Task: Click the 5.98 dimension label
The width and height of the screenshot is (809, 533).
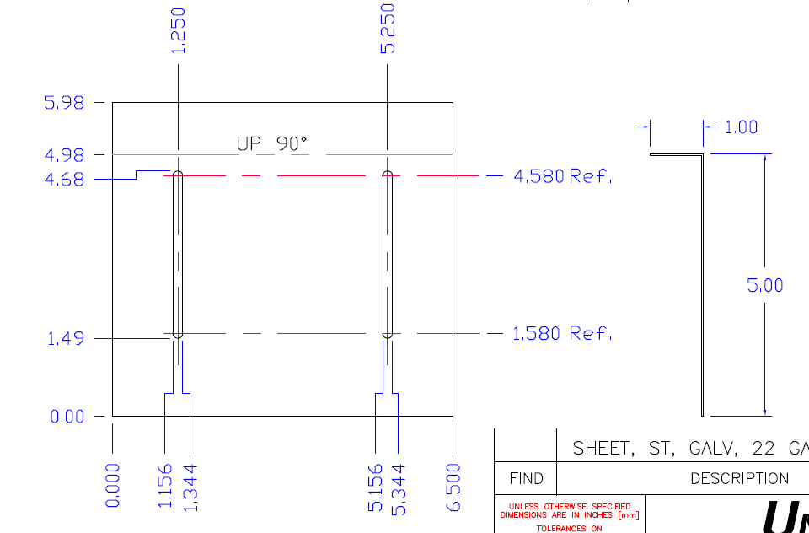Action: pos(64,103)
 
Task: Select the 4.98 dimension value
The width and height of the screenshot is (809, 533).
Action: pos(64,155)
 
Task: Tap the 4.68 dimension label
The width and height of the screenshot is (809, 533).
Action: pos(64,179)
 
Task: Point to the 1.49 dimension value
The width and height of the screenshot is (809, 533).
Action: pos(64,338)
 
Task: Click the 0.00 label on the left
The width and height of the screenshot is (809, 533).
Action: pos(64,416)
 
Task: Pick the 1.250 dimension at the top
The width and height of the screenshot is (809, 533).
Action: pos(179,30)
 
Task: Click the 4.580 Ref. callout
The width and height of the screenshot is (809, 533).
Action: pos(562,176)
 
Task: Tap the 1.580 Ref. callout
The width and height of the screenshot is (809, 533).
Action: pos(562,334)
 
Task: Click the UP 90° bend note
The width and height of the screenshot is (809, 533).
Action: pos(271,144)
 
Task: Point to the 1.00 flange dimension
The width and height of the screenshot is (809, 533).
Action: pos(741,127)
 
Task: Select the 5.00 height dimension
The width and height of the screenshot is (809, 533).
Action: pos(764,285)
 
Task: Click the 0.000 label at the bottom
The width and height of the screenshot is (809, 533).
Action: pos(113,485)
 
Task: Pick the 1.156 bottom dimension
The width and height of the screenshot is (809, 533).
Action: pos(165,485)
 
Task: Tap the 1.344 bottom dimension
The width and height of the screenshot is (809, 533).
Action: pos(190,485)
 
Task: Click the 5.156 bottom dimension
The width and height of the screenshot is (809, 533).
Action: pos(376,487)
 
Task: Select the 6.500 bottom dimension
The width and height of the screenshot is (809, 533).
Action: pos(453,487)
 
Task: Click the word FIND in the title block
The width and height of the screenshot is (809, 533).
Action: pos(526,479)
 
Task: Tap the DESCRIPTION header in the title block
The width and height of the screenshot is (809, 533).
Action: pos(739,479)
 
